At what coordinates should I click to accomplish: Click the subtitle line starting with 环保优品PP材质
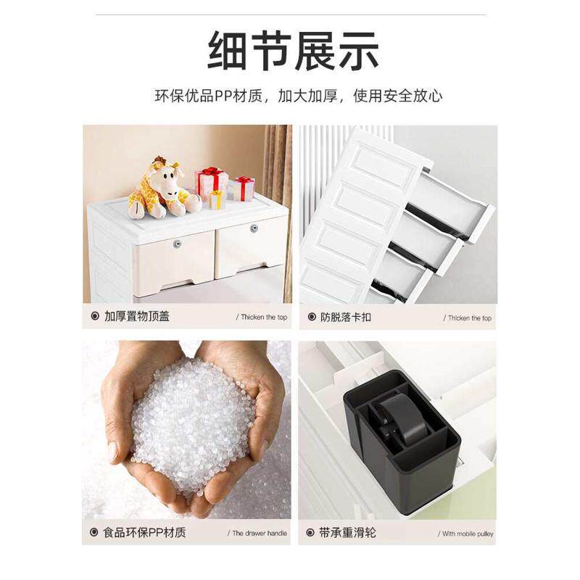[x=298, y=96]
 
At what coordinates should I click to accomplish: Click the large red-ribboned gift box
[x=211, y=183]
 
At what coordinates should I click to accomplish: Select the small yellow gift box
[x=217, y=199]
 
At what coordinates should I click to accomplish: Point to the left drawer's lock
[x=177, y=244]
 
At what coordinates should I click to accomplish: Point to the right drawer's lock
[x=254, y=228]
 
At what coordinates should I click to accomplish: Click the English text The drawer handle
[x=259, y=534]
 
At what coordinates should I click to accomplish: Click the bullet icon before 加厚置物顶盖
[x=94, y=317]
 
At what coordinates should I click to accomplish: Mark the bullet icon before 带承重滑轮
[x=308, y=533]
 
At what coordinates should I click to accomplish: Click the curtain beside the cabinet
[x=278, y=188]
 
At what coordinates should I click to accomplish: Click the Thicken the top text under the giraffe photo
[x=261, y=318]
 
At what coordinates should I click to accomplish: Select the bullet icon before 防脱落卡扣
[x=308, y=317]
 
